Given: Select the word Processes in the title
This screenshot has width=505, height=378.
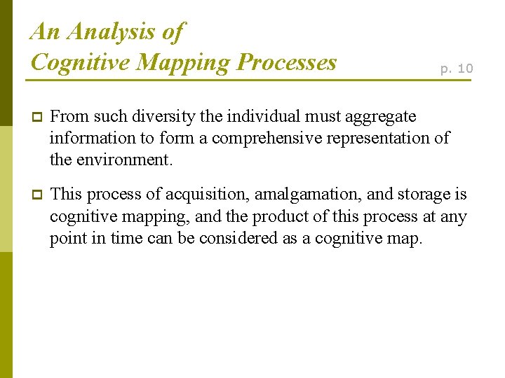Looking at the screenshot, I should click(287, 62).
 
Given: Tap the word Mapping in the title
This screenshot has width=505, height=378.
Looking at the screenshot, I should click(184, 62).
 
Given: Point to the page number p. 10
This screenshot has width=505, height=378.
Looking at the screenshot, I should click(457, 68).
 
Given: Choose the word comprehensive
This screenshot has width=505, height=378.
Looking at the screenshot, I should click(260, 137).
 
